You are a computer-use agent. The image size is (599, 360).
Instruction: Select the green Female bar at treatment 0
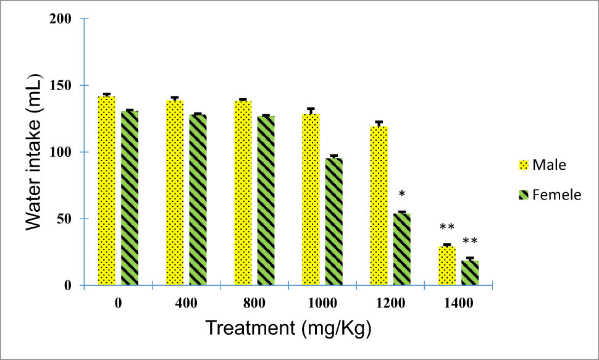[x=130, y=198]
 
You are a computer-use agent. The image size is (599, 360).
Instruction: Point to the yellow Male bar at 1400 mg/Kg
[x=446, y=266]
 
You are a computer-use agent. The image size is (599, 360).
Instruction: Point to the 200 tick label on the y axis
[x=64, y=19]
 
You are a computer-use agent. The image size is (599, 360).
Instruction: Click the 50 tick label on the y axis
[x=67, y=219]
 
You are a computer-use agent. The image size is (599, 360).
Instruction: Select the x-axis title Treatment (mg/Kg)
[x=288, y=328]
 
